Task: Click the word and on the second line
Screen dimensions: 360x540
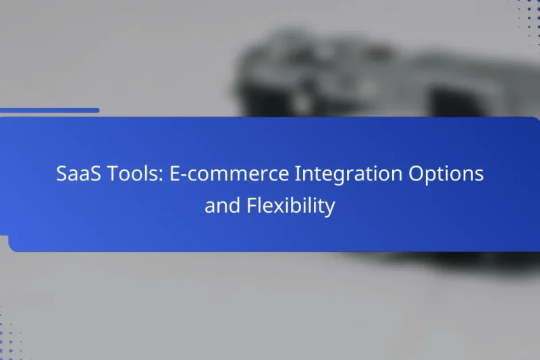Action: pos(220,205)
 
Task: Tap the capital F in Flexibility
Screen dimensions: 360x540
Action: pos(250,205)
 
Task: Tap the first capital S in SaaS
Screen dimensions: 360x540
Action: pos(61,174)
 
